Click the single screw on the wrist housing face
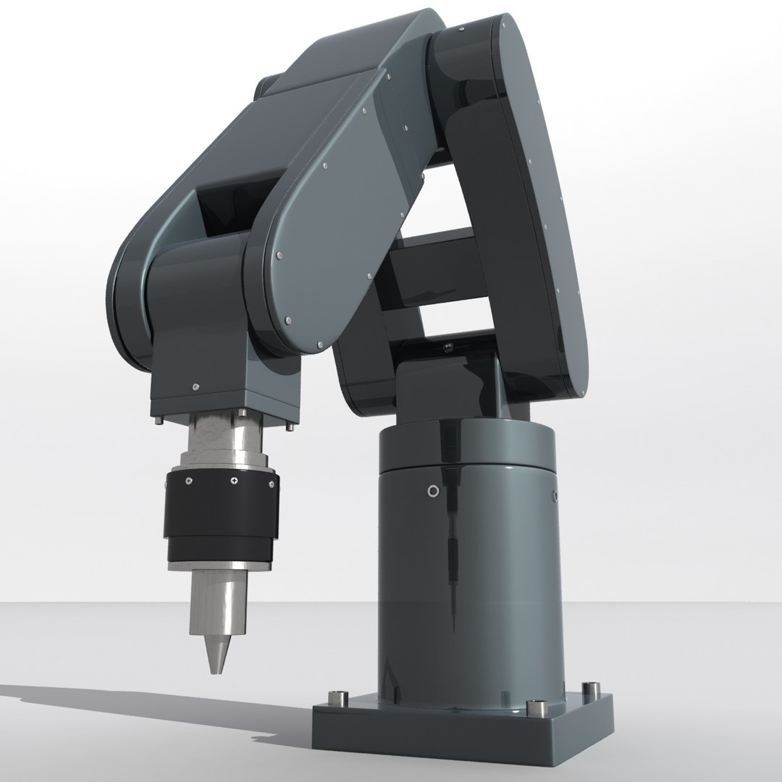[195, 385]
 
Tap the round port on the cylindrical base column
[433, 492]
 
